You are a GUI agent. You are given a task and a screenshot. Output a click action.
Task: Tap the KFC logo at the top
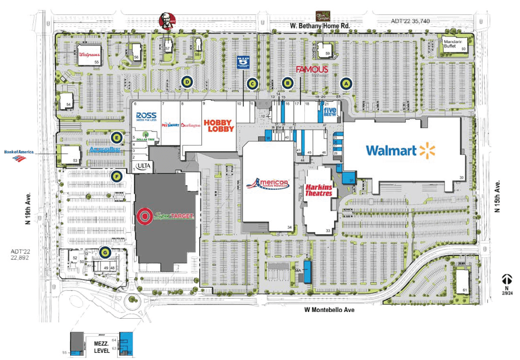[x=167, y=21]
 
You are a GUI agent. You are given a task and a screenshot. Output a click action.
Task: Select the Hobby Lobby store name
[x=219, y=126]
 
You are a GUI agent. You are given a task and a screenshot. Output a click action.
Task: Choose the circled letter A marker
[x=345, y=83]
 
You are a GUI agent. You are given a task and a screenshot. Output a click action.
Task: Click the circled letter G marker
[x=104, y=251]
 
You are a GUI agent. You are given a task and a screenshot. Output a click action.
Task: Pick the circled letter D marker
[x=187, y=82]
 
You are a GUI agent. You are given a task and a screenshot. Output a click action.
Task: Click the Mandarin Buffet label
[x=453, y=44]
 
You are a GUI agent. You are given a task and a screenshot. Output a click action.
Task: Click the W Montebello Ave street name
[x=329, y=310]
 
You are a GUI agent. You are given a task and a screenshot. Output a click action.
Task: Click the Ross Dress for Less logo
[x=146, y=117]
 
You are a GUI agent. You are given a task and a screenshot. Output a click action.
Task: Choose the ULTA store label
[x=144, y=166]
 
